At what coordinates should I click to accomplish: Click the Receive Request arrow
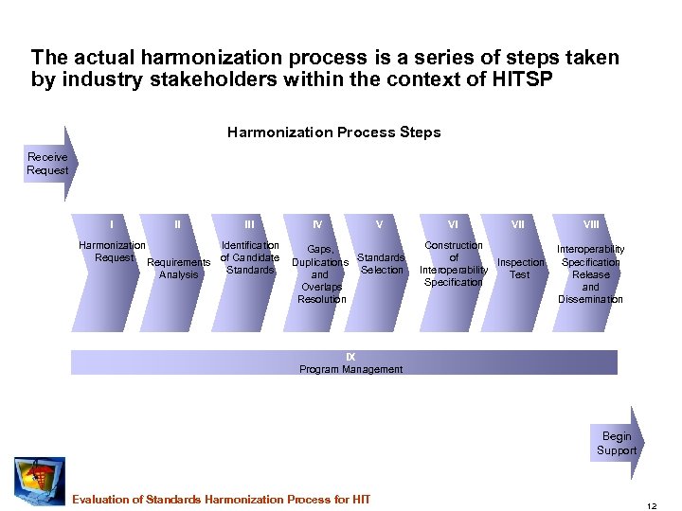(49, 164)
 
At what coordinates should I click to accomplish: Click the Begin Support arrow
(618, 444)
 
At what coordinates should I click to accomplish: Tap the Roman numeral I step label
(113, 224)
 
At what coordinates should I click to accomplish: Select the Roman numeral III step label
(249, 224)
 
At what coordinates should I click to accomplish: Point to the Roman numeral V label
(379, 224)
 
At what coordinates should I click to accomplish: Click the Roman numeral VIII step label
(590, 224)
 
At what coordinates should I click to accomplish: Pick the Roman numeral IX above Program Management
(350, 356)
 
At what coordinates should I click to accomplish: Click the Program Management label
(350, 369)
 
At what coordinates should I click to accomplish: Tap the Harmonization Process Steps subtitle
(333, 132)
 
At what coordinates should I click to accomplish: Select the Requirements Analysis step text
(179, 269)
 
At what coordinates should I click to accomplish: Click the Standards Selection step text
(382, 263)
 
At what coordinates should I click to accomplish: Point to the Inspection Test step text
(520, 269)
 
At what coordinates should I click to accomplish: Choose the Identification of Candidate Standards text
(249, 257)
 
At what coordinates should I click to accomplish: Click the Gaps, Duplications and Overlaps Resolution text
(321, 274)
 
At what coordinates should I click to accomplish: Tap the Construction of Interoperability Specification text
(454, 263)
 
